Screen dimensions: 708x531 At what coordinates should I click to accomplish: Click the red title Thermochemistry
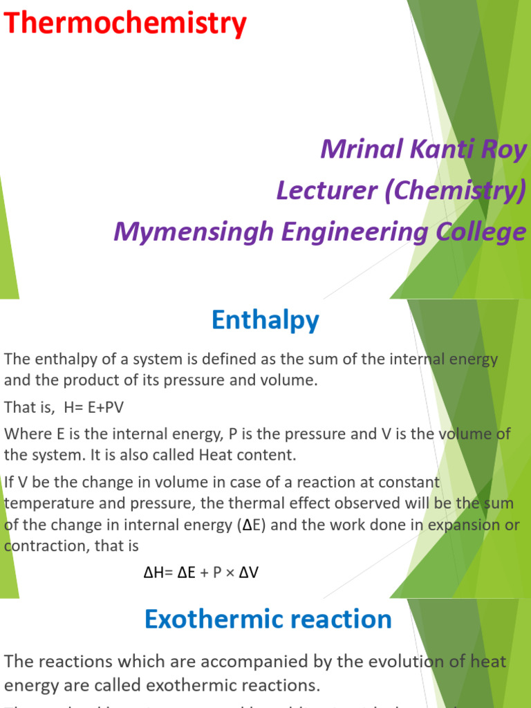125,25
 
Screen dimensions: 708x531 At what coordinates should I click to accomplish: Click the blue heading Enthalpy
265,320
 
